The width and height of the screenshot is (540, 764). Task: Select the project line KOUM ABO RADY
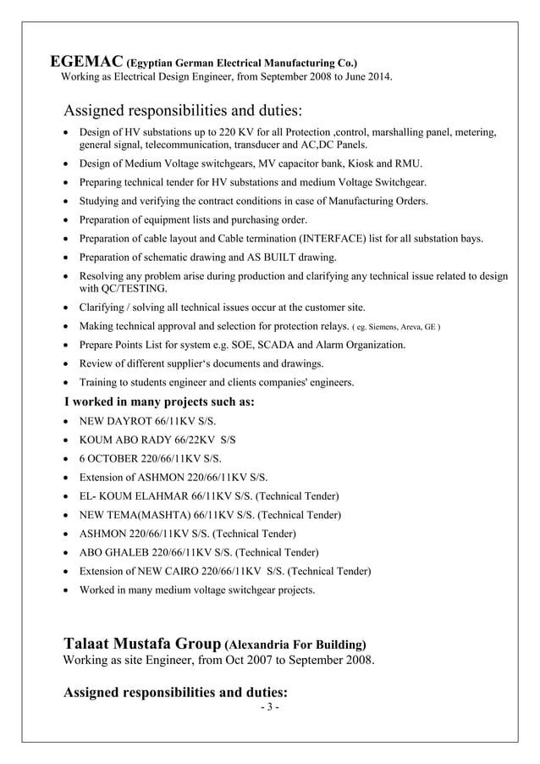[157, 440]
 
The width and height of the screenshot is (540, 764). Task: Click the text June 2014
[366, 78]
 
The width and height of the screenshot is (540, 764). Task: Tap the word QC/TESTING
[117, 289]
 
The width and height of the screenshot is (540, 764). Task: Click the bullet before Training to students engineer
[68, 383]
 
